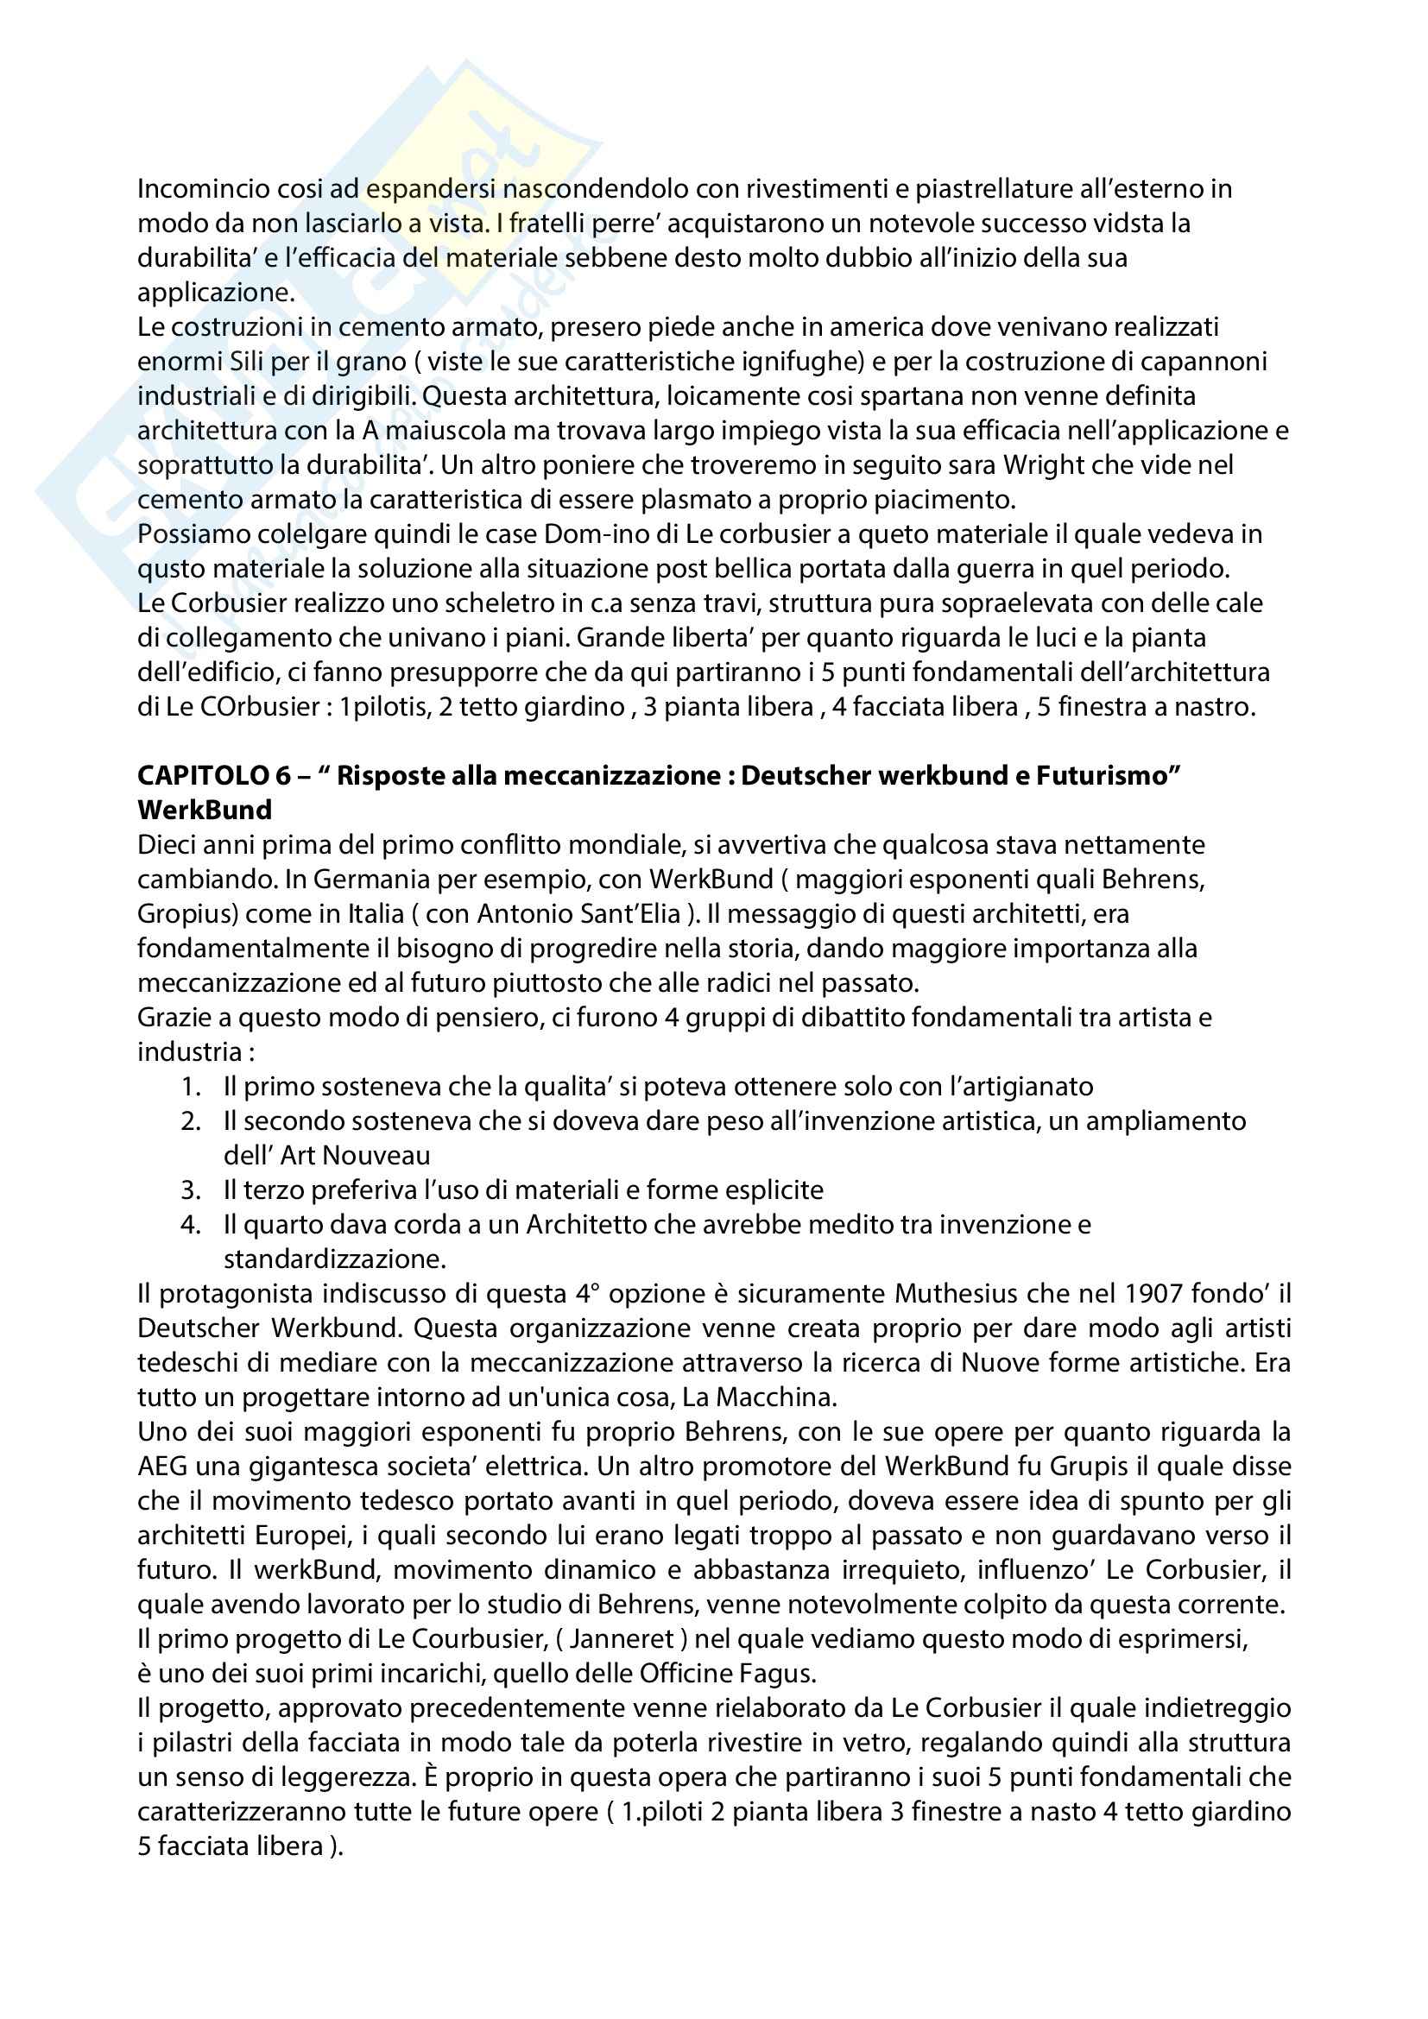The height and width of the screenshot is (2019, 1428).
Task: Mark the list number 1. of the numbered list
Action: (192, 1087)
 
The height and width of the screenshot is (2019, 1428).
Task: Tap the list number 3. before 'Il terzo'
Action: (192, 1190)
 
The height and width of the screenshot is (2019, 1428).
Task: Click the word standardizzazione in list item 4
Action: (334, 1259)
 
